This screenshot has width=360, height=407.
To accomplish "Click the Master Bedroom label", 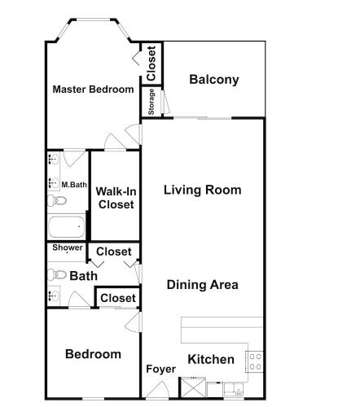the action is [93, 90].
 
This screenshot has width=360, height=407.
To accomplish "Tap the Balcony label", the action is [214, 80].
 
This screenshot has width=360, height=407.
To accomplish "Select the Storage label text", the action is [151, 102].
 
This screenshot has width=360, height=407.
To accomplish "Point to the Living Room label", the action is [203, 190].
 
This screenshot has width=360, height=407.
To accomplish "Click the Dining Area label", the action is [203, 285].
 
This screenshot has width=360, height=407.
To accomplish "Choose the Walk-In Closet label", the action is [116, 198].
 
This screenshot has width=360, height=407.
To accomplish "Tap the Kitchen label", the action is [211, 359].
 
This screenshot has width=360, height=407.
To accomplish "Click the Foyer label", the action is [160, 369].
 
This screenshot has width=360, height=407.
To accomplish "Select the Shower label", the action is [68, 247].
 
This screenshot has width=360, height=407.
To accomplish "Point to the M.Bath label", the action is [74, 185].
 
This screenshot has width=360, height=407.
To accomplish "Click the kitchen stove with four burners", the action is [254, 361].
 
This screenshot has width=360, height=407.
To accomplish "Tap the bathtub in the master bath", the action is [67, 226].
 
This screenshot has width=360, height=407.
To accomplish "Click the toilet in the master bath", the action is [57, 201].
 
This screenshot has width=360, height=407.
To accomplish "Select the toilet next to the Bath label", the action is [57, 274].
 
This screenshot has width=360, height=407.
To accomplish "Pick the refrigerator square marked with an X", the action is [193, 388].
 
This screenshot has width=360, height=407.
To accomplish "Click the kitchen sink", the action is [234, 390].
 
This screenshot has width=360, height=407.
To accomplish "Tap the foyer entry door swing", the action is [157, 390].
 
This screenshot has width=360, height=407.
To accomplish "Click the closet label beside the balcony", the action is [151, 63].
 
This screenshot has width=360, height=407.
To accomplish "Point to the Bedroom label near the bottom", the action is [93, 354].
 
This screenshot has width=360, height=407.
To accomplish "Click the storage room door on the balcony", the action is [165, 102].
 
